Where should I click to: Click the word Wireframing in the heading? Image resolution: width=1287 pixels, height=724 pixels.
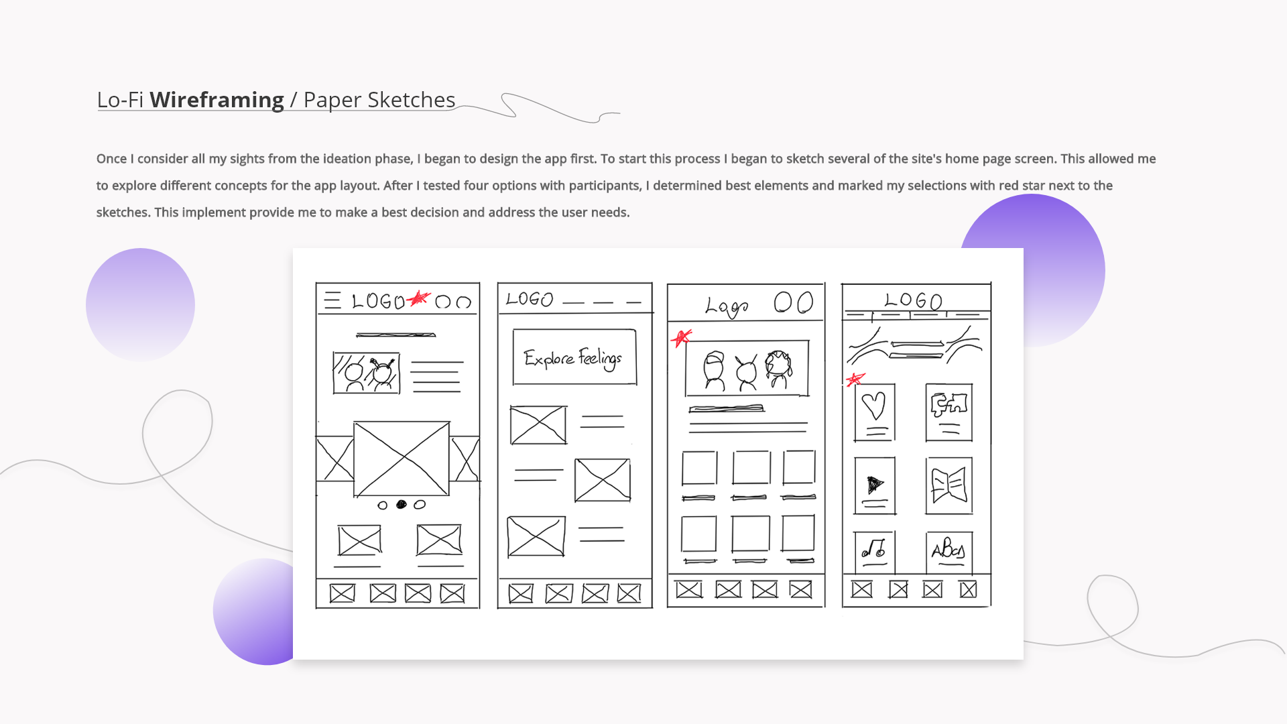[x=217, y=100]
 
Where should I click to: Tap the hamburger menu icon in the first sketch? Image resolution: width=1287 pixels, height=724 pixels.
[x=332, y=300]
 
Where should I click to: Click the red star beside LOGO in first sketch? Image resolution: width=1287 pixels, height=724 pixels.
[x=418, y=298]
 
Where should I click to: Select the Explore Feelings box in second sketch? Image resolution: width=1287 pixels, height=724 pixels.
[x=574, y=357]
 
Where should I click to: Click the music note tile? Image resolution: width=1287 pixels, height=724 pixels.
[x=874, y=551]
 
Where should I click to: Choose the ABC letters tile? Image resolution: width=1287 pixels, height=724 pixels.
[x=948, y=551]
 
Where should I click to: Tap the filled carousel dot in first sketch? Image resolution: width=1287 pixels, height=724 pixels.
[x=402, y=505]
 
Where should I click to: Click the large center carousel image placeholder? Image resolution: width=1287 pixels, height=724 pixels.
[x=402, y=459]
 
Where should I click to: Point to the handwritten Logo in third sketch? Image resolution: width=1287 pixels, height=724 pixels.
[x=726, y=307]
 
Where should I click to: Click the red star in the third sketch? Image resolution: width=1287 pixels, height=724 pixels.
[x=681, y=337]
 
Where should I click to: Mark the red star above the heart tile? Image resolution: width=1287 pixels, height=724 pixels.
[x=855, y=379]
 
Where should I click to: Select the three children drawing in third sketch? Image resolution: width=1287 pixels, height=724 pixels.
[x=747, y=369]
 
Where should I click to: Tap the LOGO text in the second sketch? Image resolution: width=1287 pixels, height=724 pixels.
[x=530, y=300]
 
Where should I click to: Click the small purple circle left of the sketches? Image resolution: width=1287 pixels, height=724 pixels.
[x=140, y=305]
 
